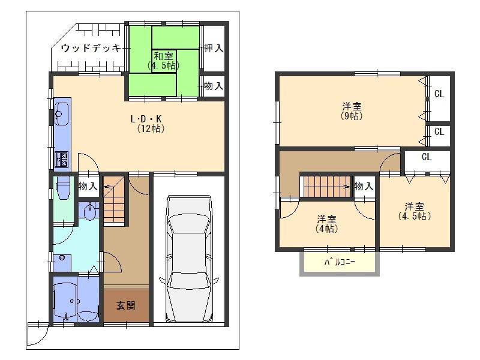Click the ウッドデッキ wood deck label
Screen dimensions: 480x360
91,48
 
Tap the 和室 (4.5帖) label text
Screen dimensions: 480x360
163,61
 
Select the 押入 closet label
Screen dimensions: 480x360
214,48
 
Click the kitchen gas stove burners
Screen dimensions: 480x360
61,159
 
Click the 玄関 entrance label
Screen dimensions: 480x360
126,305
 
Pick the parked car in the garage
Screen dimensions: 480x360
189,259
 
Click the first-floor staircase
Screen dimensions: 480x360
114,200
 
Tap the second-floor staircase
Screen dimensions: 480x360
327,186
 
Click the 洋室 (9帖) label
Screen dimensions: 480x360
352,111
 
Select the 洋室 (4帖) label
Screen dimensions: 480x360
326,224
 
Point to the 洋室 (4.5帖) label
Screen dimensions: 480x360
415,211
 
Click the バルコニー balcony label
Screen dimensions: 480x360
340,262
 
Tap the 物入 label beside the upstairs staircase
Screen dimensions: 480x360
364,186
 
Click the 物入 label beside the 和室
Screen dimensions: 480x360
214,86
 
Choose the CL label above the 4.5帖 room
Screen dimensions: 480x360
427,157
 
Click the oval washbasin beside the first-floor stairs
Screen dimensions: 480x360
90,212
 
